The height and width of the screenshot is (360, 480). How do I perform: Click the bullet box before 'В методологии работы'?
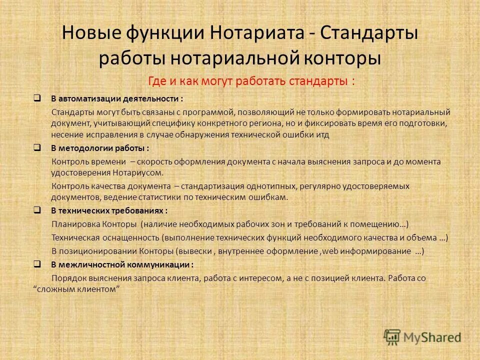pyautogui.click(x=37, y=148)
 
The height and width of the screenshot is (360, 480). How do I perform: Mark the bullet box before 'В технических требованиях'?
pyautogui.click(x=37, y=210)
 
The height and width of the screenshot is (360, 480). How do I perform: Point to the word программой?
pyautogui.click(x=209, y=111)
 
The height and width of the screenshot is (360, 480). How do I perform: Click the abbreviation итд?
pyautogui.click(x=322, y=135)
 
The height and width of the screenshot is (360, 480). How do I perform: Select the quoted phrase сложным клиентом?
pyautogui.click(x=78, y=289)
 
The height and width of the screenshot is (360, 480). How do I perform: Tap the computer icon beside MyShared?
pyautogui.click(x=392, y=337)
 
